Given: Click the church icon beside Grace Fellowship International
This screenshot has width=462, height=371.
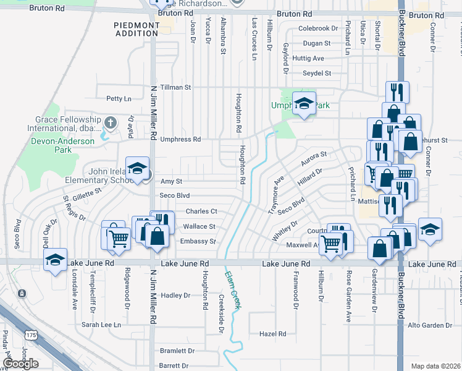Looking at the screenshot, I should pyautogui.click(x=110, y=122).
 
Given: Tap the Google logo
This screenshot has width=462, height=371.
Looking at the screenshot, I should pyautogui.click(x=20, y=364).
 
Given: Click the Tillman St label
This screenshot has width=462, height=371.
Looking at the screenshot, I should pyautogui.click(x=175, y=87).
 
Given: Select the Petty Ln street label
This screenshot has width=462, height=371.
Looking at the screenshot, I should pyautogui.click(x=119, y=98).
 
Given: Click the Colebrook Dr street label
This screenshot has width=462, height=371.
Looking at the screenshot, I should pyautogui.click(x=318, y=28).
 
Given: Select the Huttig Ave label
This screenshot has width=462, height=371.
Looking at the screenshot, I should pyautogui.click(x=309, y=58).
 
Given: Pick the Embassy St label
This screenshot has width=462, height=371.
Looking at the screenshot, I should pyautogui.click(x=198, y=241).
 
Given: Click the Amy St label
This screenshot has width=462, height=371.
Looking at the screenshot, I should pyautogui.click(x=171, y=181).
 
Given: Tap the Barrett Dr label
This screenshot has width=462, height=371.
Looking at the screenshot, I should pyautogui.click(x=173, y=366).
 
